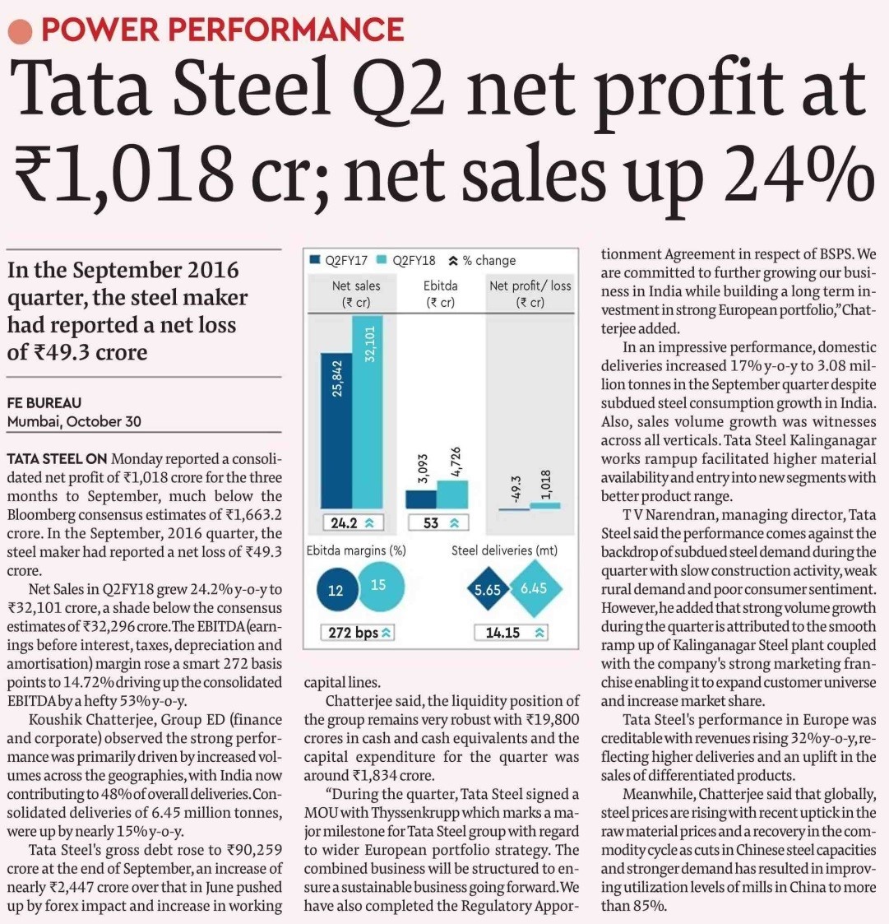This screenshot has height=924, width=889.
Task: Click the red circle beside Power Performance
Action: pos(20,31)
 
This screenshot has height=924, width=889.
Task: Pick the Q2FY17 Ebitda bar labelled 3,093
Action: pos(420,499)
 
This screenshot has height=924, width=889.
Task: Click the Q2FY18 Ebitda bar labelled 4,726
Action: pos(452,495)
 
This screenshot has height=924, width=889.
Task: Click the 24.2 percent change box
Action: pos(353,522)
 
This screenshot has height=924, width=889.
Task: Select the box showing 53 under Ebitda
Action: pos(438,522)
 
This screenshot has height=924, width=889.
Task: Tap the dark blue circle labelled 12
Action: pos(336,589)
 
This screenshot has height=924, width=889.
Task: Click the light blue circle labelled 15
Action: pos(381,586)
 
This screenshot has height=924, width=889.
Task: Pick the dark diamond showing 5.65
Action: pos(487,588)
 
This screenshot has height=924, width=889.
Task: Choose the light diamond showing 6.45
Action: pos(534,587)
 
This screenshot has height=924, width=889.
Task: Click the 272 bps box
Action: pos(358,633)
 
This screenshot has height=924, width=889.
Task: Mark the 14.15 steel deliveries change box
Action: pos(511,633)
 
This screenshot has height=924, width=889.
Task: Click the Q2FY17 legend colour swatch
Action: pos(315,260)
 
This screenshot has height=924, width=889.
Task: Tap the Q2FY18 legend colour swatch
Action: pos(381,260)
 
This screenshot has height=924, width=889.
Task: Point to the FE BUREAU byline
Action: pos(44,403)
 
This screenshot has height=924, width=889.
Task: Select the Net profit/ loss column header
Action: pos(530,294)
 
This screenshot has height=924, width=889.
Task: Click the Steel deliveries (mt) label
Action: pos(504,550)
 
